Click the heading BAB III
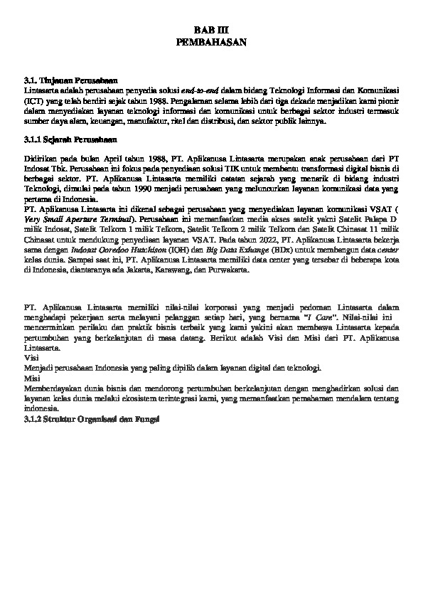tap(211, 31)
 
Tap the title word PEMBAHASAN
tap(211, 43)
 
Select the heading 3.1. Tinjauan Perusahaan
tap(70, 82)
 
